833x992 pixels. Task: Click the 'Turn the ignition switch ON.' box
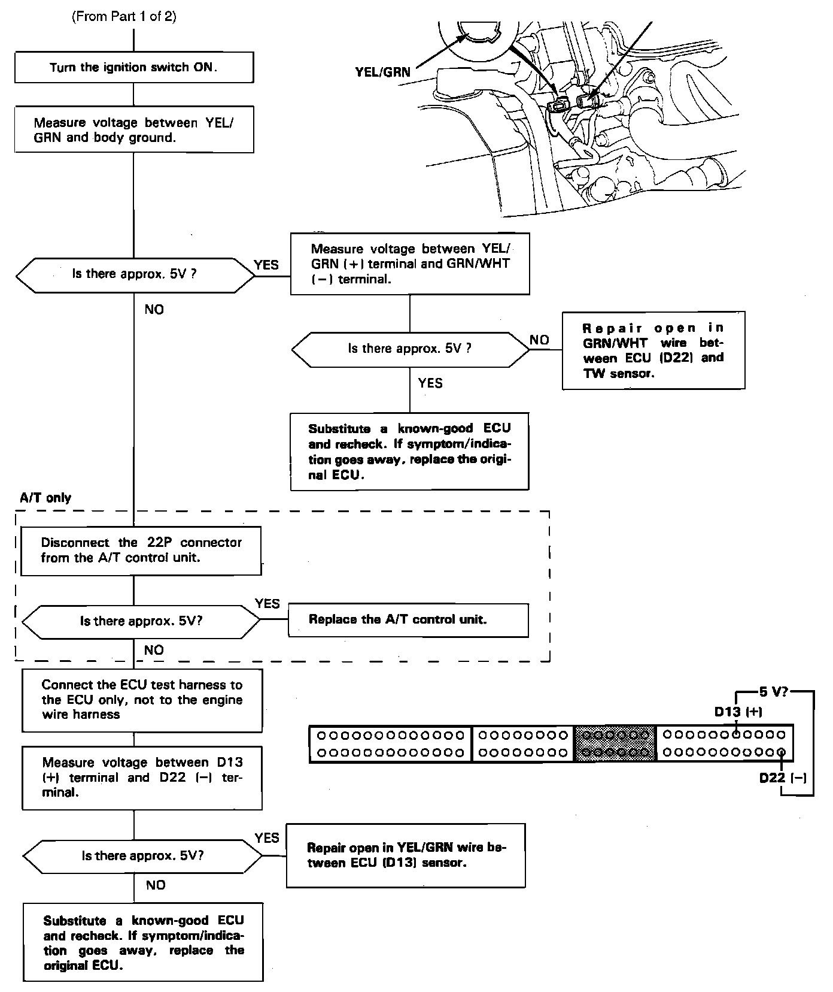pyautogui.click(x=133, y=67)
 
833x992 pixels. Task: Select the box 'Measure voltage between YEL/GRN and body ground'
pyautogui.click(x=133, y=130)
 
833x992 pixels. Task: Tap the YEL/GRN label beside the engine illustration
pyautogui.click(x=383, y=72)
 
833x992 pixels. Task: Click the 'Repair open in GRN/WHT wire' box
pyautogui.click(x=653, y=350)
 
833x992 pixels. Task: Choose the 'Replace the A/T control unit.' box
pyautogui.click(x=408, y=619)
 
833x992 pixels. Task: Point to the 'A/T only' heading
pyautogui.click(x=45, y=498)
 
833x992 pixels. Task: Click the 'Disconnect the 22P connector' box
pyautogui.click(x=141, y=551)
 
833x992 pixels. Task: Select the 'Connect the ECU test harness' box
pyautogui.click(x=142, y=700)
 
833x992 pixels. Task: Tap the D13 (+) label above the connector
pyautogui.click(x=738, y=712)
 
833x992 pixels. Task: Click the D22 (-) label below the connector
pyautogui.click(x=783, y=778)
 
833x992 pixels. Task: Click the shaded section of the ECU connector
pyautogui.click(x=615, y=743)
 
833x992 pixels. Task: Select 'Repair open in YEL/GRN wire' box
pyautogui.click(x=406, y=855)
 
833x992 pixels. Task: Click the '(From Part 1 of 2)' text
pyautogui.click(x=124, y=17)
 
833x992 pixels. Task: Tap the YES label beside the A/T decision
pyautogui.click(x=267, y=604)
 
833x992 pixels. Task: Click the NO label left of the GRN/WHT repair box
pyautogui.click(x=539, y=340)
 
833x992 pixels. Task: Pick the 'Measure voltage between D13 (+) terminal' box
pyautogui.click(x=142, y=778)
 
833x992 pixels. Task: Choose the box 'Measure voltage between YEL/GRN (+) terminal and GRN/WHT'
pyautogui.click(x=410, y=264)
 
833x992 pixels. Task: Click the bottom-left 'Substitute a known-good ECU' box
pyautogui.click(x=143, y=942)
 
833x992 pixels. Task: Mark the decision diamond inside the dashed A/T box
pyautogui.click(x=141, y=621)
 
